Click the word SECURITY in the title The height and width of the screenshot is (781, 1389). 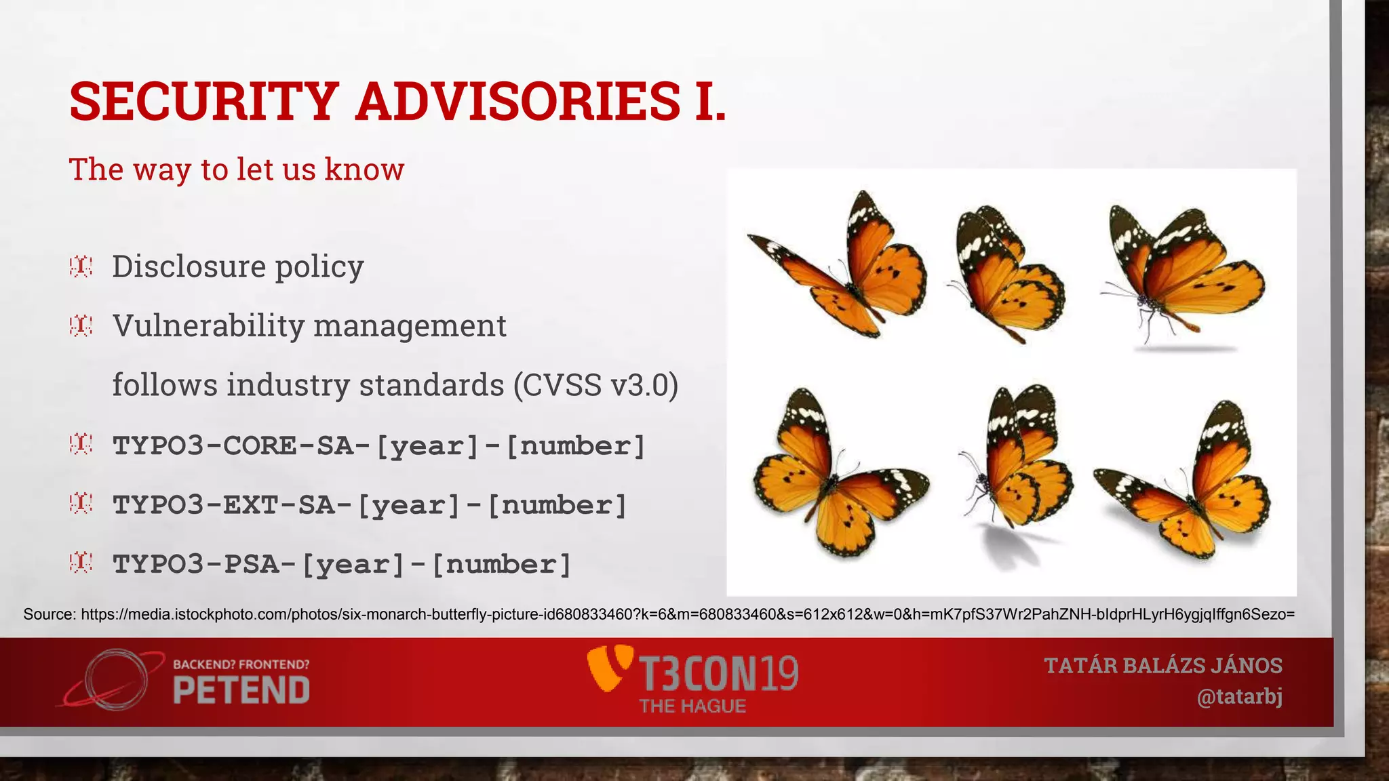click(x=203, y=102)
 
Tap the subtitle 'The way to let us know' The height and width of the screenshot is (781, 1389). click(x=237, y=169)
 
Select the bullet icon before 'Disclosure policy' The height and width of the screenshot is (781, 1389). click(x=81, y=266)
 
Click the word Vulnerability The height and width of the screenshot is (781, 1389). click(x=209, y=326)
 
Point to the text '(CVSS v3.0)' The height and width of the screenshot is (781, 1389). click(x=595, y=385)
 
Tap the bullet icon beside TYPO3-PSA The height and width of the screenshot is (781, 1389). click(x=81, y=563)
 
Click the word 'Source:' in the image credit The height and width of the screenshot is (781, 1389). click(x=50, y=615)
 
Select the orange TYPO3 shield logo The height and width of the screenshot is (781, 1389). click(x=608, y=668)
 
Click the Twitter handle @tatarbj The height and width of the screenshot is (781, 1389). click(x=1239, y=697)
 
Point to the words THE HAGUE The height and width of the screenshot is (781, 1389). click(x=692, y=706)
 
